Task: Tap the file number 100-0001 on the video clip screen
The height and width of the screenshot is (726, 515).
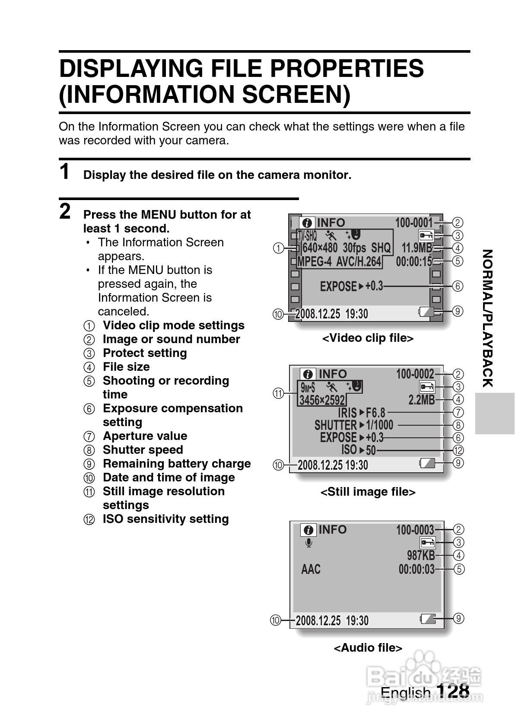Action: click(414, 223)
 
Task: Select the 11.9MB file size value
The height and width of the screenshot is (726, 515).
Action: click(417, 248)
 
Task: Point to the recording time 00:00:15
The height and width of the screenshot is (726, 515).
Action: click(414, 261)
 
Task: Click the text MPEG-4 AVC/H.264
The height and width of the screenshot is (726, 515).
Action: click(339, 261)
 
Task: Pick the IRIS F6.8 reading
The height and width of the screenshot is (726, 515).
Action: click(361, 413)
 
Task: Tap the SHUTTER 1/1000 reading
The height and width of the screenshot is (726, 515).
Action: click(353, 425)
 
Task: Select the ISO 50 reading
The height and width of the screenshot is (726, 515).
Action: click(358, 450)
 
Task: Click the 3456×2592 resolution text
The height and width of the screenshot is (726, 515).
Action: click(322, 400)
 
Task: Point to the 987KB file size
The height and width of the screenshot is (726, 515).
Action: click(421, 555)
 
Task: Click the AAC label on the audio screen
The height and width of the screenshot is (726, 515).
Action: click(311, 569)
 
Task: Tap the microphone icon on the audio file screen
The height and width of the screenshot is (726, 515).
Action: click(309, 543)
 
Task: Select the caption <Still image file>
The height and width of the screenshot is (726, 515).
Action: click(368, 492)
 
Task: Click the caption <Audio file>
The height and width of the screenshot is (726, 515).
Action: click(368, 647)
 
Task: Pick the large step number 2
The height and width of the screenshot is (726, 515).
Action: click(65, 211)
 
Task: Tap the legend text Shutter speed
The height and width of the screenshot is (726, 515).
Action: click(143, 449)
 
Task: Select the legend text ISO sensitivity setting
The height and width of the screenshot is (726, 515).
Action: click(165, 519)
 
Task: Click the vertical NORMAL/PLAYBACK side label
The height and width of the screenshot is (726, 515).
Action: click(487, 318)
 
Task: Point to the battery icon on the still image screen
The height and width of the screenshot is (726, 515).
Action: click(427, 463)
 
